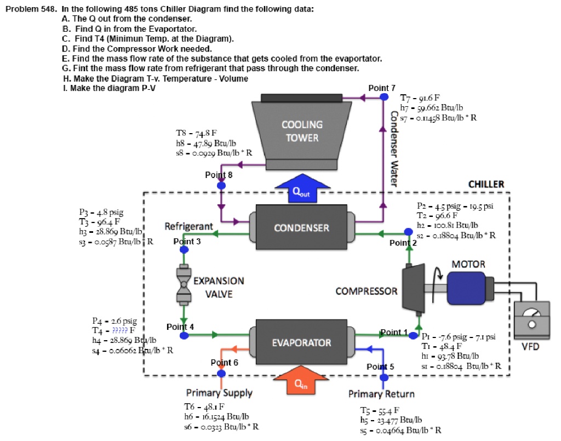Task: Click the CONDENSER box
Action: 301,227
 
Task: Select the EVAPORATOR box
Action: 301,343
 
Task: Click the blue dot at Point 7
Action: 383,97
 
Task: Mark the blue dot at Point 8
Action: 221,186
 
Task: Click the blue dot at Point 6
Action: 221,373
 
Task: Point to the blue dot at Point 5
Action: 383,376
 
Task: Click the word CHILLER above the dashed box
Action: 486,184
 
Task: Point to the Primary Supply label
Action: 219,393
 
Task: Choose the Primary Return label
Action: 381,394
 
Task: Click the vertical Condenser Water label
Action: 393,148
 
